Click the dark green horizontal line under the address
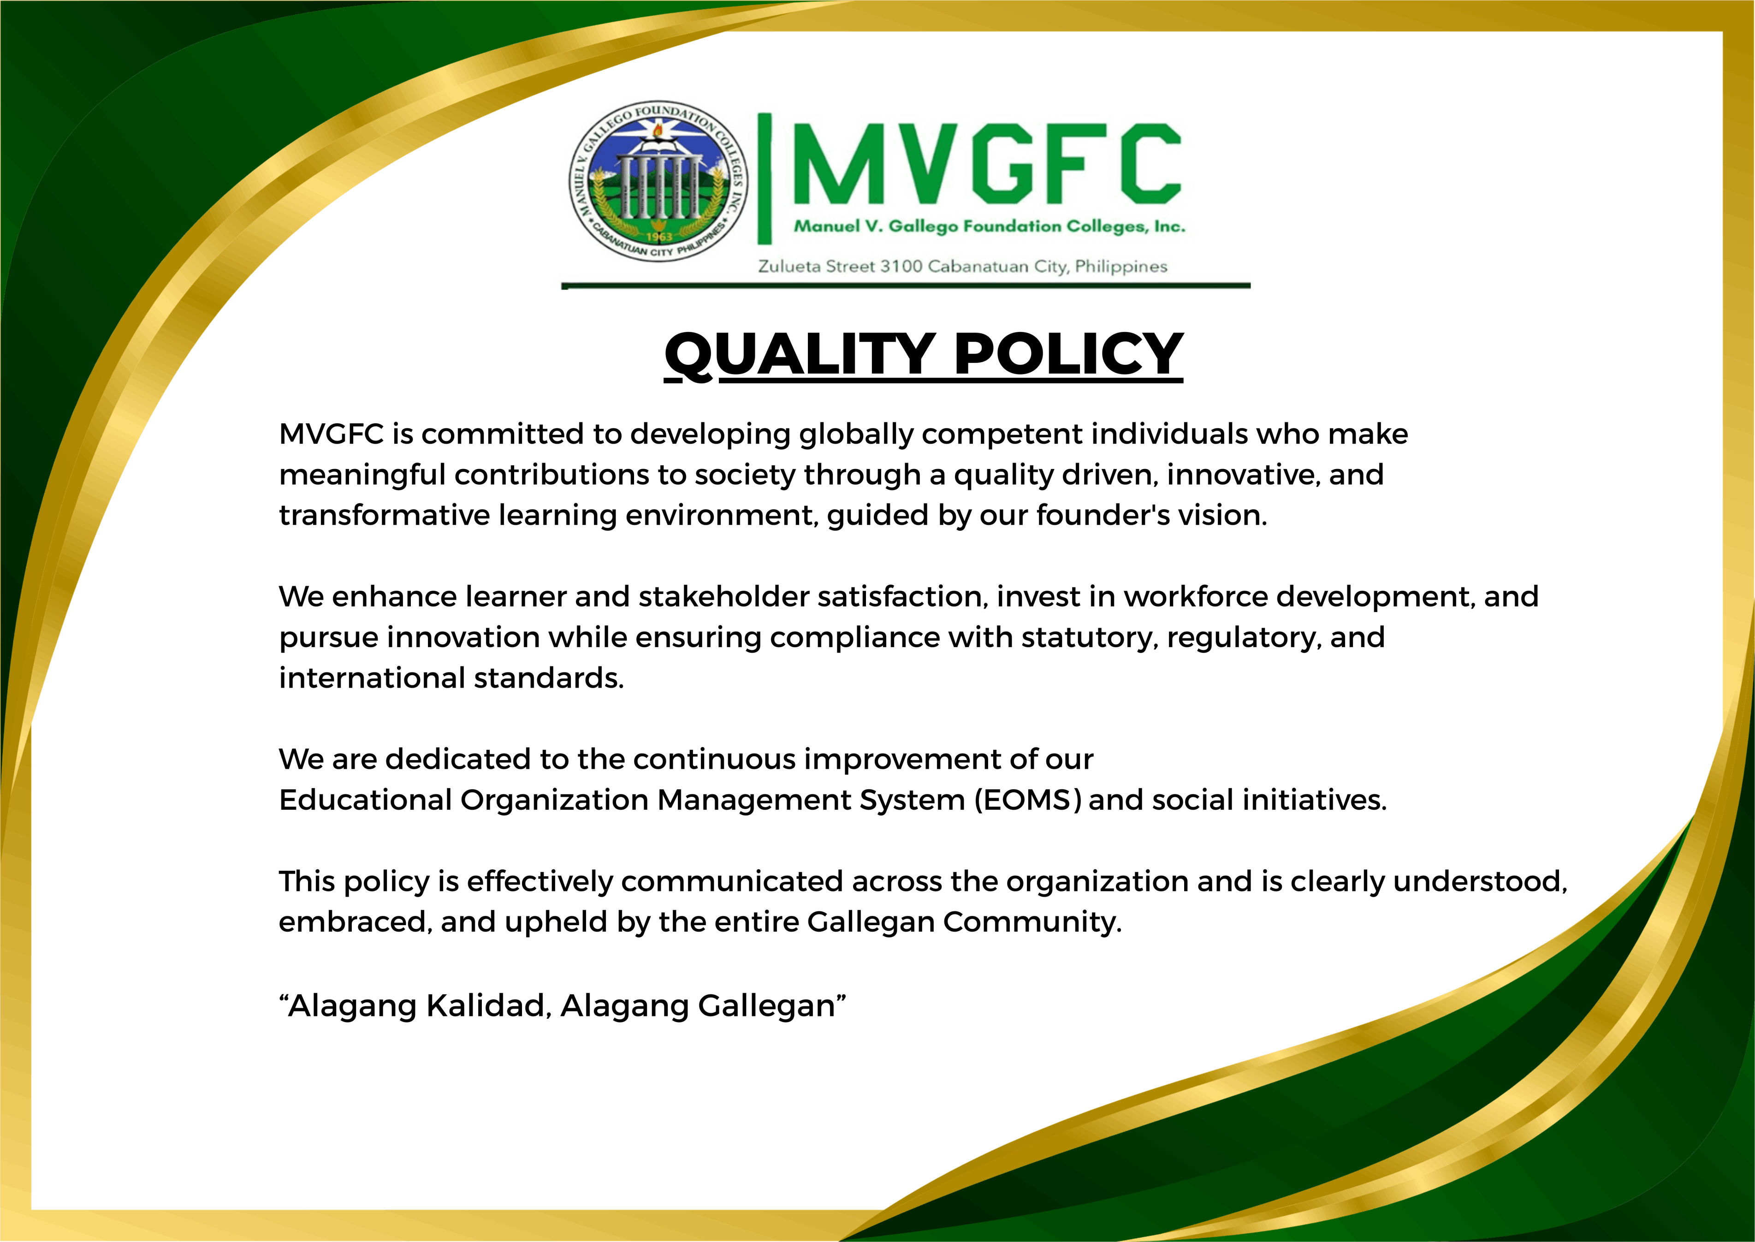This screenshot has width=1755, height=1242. click(906, 286)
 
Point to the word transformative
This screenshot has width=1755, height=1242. click(384, 516)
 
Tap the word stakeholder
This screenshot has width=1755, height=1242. click(723, 596)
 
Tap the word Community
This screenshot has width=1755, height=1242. click(1032, 922)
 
